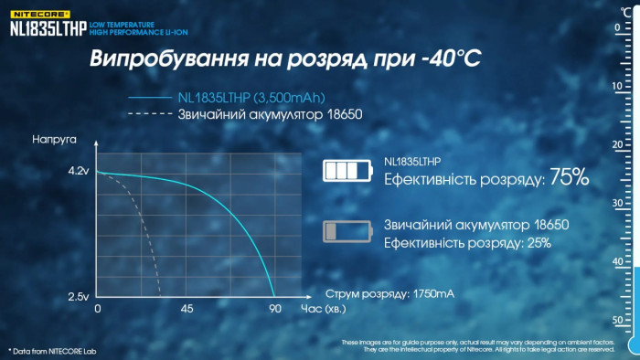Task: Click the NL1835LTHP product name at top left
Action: (48, 27)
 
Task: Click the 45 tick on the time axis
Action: (187, 309)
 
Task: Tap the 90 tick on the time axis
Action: (274, 309)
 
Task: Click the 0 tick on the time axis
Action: (98, 309)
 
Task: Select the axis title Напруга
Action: (54, 142)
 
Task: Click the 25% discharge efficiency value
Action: (538, 243)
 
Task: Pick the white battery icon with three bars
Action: (348, 171)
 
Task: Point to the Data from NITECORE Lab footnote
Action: (52, 351)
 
